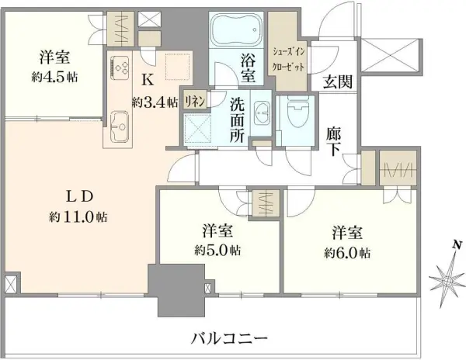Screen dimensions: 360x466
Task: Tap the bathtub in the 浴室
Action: pos(238,31)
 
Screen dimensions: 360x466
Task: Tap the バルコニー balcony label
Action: pos(228,339)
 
